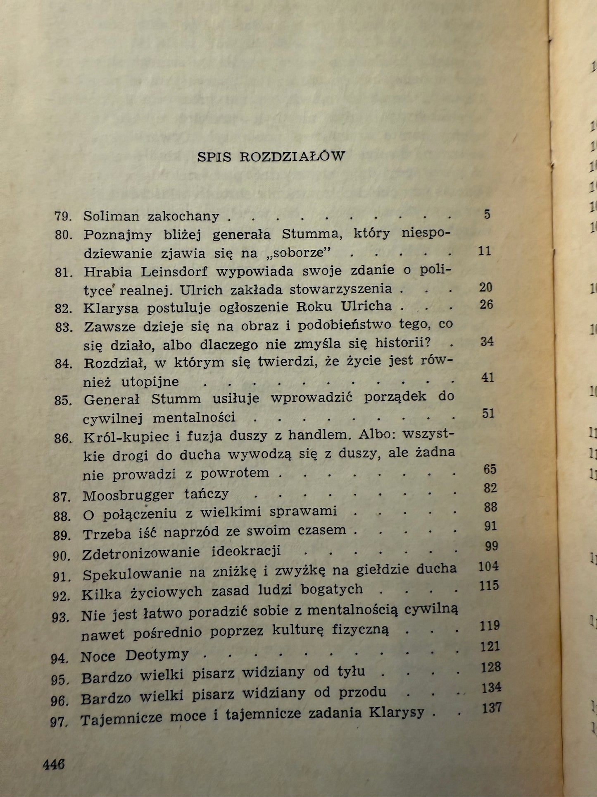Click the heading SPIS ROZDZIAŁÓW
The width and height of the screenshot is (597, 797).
click(x=271, y=157)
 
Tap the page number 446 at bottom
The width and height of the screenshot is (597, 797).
click(x=54, y=764)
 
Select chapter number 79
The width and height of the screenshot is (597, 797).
click(x=63, y=216)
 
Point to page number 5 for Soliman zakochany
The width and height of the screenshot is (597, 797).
click(x=487, y=214)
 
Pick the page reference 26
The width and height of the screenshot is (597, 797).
click(x=486, y=305)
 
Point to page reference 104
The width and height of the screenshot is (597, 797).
click(x=488, y=566)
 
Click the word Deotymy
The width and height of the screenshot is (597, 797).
click(x=157, y=655)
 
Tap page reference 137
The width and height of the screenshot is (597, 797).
click(x=491, y=708)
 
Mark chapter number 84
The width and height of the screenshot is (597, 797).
click(x=64, y=364)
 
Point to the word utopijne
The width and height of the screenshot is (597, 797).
click(x=150, y=382)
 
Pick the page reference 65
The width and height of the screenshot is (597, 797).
click(x=490, y=469)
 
